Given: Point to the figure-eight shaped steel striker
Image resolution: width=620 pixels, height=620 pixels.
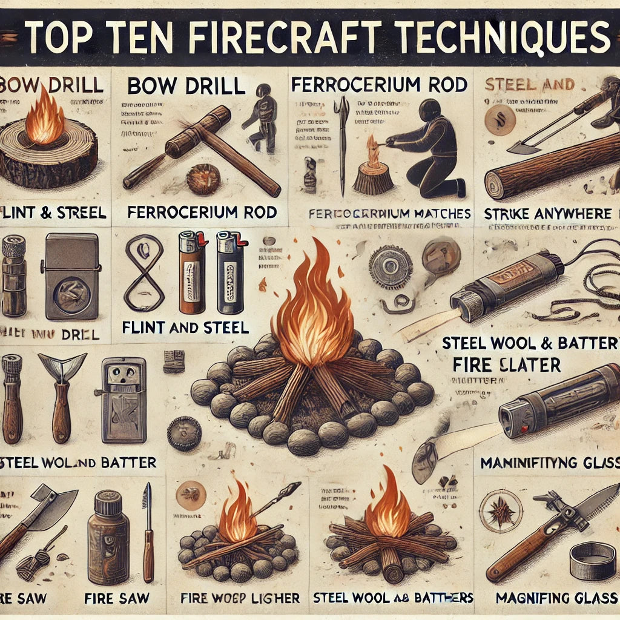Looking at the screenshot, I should [144, 273].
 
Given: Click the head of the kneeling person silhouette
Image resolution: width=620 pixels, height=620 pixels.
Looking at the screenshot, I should [430, 111].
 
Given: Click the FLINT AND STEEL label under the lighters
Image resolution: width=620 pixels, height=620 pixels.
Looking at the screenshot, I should [185, 328].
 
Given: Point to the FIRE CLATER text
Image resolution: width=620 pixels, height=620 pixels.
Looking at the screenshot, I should [506, 364].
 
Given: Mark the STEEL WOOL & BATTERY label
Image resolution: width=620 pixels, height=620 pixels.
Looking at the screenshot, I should [530, 343].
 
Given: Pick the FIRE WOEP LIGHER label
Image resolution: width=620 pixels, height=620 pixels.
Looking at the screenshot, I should [240, 598].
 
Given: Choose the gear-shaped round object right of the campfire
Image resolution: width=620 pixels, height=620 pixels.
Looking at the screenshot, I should [391, 267].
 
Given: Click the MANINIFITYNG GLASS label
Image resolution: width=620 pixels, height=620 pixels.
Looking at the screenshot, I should [549, 463].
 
